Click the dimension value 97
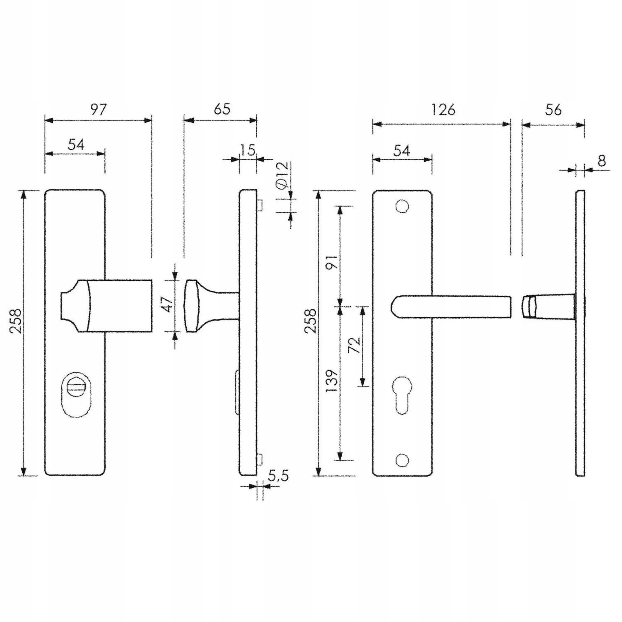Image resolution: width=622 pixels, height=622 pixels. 98,110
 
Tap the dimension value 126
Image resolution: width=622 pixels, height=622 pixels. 443,110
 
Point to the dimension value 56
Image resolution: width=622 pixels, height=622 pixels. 553,110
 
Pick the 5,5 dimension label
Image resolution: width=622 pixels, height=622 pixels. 278,476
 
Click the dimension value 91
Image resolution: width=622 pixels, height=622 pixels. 332,262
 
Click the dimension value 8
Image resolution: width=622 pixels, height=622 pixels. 601,160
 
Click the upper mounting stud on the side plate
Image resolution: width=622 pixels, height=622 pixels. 260,205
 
